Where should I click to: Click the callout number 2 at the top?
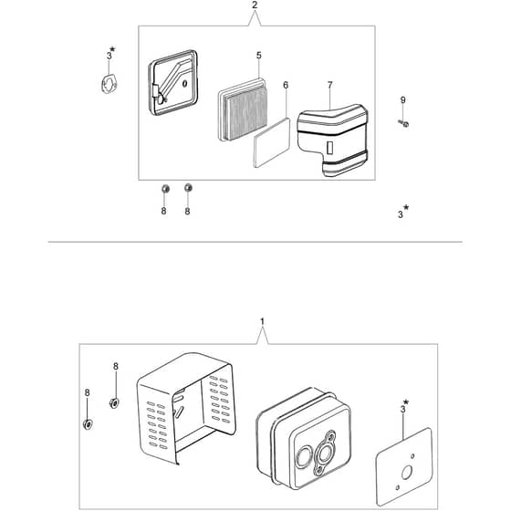[255, 5]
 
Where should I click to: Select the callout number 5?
[259, 56]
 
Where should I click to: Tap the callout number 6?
[286, 85]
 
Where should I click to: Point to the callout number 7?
[329, 85]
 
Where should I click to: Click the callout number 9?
[402, 100]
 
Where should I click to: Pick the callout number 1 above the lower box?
[263, 322]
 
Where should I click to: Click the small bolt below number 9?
[403, 123]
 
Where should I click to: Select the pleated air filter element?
[243, 109]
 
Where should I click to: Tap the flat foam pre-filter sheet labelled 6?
[272, 142]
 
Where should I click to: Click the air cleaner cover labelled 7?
[333, 140]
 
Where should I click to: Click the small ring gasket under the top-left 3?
[109, 84]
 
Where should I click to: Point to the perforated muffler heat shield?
[186, 407]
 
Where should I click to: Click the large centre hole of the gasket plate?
[406, 472]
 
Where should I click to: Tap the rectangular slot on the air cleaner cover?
[329, 148]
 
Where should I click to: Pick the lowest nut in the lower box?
[88, 424]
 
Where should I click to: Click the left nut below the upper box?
[165, 188]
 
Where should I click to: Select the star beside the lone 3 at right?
[406, 207]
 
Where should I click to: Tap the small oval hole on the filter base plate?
[184, 83]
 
